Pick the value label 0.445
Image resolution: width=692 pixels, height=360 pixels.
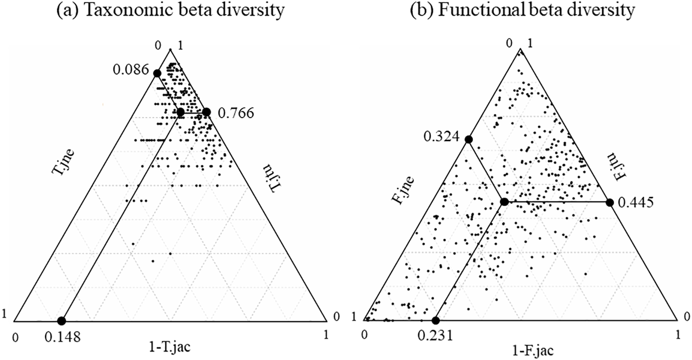[x=636, y=203]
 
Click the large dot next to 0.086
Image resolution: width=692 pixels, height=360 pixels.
[x=157, y=73]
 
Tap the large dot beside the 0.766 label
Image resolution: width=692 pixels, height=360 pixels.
[x=206, y=112]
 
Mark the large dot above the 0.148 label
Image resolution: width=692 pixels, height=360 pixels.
[x=61, y=321]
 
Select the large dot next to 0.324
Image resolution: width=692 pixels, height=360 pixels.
[x=468, y=139]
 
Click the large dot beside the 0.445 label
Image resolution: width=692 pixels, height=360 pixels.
[x=610, y=202]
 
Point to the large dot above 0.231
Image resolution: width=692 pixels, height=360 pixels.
[x=435, y=321]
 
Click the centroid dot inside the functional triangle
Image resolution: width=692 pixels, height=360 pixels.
[x=504, y=202]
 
